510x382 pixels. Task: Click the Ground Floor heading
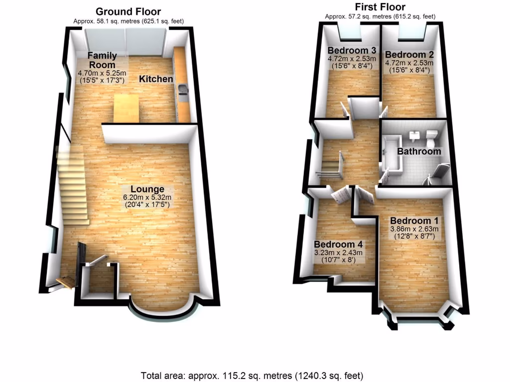[x=128, y=11]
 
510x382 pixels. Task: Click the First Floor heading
[x=380, y=7]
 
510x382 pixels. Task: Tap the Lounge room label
[x=147, y=189]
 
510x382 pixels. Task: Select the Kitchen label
[x=156, y=79]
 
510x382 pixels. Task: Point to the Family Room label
[x=102, y=60]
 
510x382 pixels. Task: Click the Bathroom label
[x=419, y=151]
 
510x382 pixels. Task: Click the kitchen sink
[x=183, y=91]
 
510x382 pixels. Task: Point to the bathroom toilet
[x=432, y=135]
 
